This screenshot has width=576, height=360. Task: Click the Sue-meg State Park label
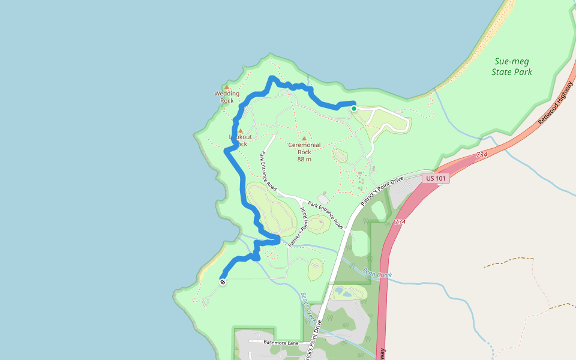coord(512,67)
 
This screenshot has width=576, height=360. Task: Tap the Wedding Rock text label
coord(227,97)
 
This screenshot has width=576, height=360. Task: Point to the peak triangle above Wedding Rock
coord(227,87)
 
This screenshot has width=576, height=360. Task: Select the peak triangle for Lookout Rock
coord(240,130)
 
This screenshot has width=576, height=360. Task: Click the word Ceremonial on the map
coord(304,145)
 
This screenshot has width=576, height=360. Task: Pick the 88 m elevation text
coord(304,159)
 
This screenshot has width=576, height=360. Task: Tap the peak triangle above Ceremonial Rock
coord(304,138)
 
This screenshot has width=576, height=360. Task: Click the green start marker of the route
coord(354,109)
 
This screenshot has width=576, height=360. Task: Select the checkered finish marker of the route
coord(223,281)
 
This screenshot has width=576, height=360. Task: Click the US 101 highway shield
coord(436,178)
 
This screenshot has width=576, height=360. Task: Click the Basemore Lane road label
coord(281,343)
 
